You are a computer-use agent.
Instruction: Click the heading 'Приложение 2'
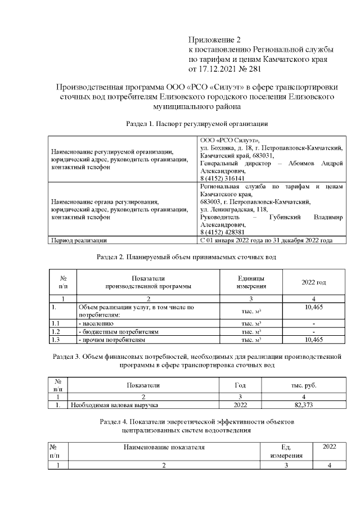pos(214,40)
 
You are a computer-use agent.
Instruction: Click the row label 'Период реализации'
pos(79,240)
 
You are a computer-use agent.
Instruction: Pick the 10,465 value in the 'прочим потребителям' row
pos(313,340)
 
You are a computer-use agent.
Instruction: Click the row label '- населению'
pos(96,325)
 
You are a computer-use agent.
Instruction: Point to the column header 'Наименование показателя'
pos(164,447)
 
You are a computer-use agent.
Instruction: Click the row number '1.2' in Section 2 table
pos(55,332)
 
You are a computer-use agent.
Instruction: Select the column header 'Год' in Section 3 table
pos(240,385)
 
